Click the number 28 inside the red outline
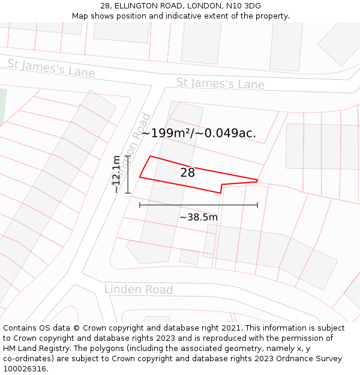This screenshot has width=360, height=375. tap(187, 173)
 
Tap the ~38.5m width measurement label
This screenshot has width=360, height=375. tap(198, 217)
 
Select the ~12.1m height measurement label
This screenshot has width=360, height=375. tap(116, 174)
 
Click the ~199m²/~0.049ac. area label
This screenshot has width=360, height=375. tap(199, 133)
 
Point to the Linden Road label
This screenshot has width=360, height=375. tap(139, 290)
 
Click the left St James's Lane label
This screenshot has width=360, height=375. tap(51, 68)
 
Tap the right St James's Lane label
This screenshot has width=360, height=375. tap(220, 83)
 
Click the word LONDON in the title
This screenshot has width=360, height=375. tap(203, 6)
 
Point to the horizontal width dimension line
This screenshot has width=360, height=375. tap(198, 205)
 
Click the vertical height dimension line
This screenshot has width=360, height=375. tap(128, 174)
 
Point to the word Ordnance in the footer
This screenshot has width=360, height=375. tap(292, 359)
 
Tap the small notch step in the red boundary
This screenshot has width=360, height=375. tap(221, 188)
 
